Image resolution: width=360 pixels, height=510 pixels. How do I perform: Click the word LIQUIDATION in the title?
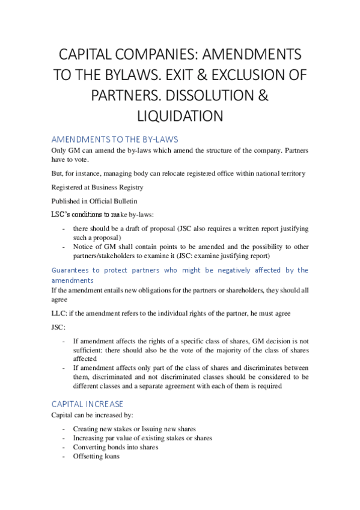(x=180, y=115)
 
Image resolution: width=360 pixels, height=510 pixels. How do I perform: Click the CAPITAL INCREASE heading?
(x=87, y=404)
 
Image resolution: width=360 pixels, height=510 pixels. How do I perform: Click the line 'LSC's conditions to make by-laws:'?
(x=96, y=214)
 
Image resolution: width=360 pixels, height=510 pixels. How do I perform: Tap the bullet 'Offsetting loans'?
(x=96, y=456)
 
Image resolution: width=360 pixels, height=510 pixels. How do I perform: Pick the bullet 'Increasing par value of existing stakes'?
(x=142, y=438)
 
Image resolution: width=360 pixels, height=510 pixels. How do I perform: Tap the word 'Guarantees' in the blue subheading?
(x=70, y=270)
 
